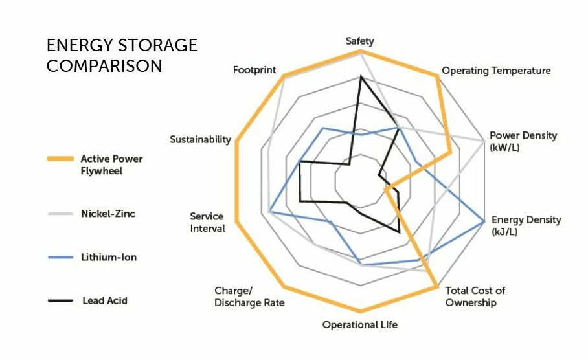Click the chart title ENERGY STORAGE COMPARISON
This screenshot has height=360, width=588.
(122, 56)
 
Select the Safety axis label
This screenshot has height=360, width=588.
(359, 41)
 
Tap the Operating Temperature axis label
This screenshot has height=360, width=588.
(496, 70)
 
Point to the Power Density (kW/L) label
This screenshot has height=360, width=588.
(523, 141)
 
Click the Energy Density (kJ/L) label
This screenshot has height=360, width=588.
(526, 225)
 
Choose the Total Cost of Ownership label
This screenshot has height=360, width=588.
(475, 297)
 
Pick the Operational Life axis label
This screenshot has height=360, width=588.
(360, 324)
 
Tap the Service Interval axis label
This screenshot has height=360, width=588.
(207, 222)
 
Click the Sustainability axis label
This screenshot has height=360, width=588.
(200, 139)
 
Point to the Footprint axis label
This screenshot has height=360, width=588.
(254, 69)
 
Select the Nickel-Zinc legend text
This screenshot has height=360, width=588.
(108, 214)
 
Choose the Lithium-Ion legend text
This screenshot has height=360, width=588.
(109, 257)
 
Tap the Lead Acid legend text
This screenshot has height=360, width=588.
(104, 300)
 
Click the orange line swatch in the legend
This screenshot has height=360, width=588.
(60, 159)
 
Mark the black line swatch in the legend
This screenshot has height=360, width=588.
(60, 300)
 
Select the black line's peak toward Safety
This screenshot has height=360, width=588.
(361, 78)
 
